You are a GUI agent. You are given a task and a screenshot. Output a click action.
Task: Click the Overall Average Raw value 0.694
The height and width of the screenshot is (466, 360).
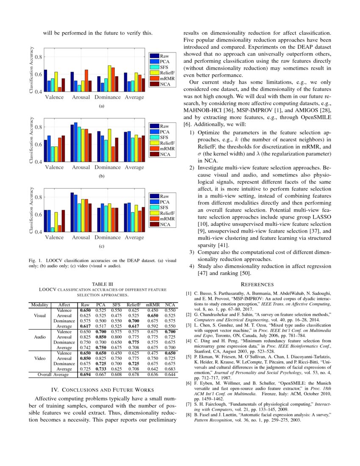pos(86,375)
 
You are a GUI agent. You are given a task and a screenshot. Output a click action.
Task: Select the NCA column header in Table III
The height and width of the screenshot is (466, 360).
pos(170,305)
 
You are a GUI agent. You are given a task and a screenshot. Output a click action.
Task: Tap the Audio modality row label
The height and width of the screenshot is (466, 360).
pos(39,337)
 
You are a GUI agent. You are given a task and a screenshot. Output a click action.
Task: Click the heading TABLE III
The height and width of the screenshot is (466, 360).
pos(102,284)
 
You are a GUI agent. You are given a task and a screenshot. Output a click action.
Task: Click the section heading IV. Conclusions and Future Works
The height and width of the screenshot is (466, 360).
pos(102,390)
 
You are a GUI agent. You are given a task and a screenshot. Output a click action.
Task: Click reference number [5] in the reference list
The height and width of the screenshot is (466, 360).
pos(188,346)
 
